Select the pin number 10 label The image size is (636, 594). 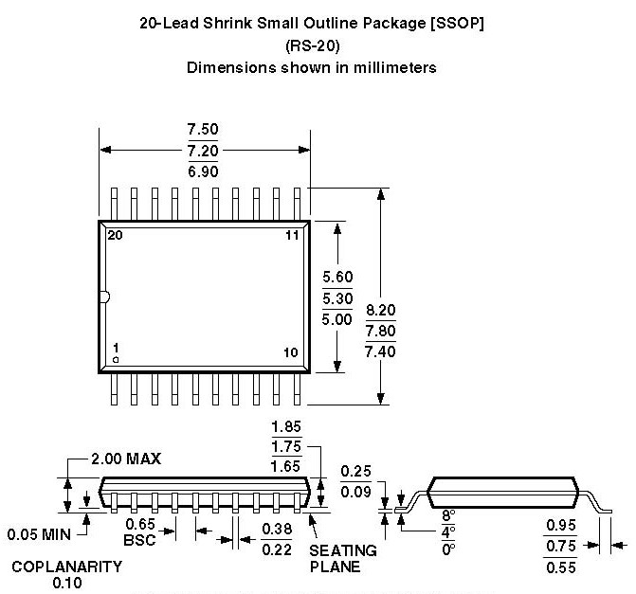pos(291,352)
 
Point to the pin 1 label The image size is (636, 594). pos(115,349)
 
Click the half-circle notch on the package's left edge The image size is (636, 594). pos(104,297)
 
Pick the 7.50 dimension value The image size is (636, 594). pos(204,130)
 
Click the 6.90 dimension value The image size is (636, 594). pos(204,171)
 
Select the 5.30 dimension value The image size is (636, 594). pos(337,297)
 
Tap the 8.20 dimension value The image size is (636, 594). pos(381,310)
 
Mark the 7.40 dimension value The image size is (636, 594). pos(381,351)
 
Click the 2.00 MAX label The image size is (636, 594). pos(126,459)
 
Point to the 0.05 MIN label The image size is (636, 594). pos(41,534)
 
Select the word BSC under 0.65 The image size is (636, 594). pos(140,540)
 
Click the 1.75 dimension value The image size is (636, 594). pos(285,446)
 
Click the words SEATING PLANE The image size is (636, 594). pos(343,558)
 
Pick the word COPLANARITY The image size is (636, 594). pos(66,567)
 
